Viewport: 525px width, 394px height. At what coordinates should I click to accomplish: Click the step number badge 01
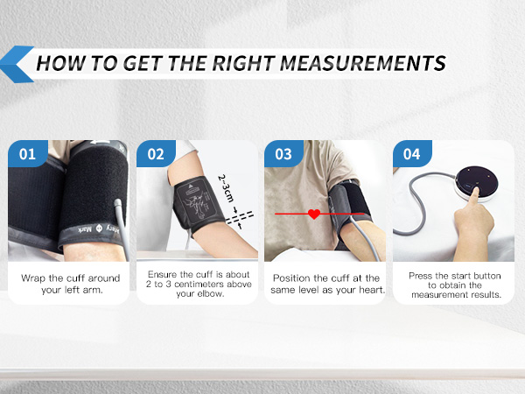(x=27, y=155)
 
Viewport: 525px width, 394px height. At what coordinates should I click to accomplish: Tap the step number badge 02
(x=156, y=155)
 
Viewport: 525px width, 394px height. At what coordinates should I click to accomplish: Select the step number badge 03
(x=283, y=155)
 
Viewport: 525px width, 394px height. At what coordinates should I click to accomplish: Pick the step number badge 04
(x=411, y=155)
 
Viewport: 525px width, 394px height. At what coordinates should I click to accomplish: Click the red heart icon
(x=313, y=214)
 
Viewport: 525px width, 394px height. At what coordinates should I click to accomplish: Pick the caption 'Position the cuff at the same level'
(x=325, y=283)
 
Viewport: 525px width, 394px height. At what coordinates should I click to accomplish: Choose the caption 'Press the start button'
(x=452, y=283)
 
